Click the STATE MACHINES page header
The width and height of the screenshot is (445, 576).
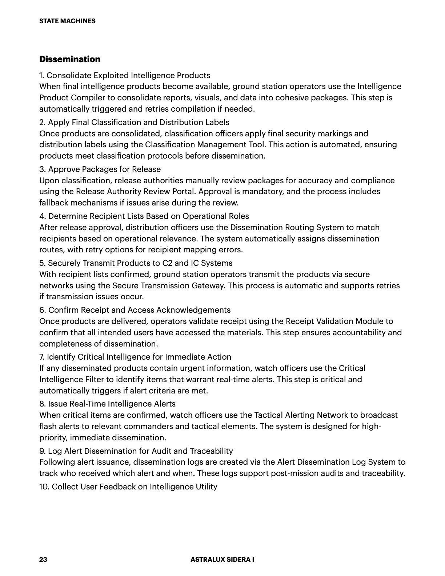click(67, 21)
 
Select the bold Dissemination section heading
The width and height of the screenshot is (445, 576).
click(70, 59)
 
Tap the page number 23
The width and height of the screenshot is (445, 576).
click(43, 560)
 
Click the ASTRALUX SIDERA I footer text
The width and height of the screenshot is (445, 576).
click(222, 560)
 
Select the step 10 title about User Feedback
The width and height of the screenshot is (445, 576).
click(128, 487)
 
